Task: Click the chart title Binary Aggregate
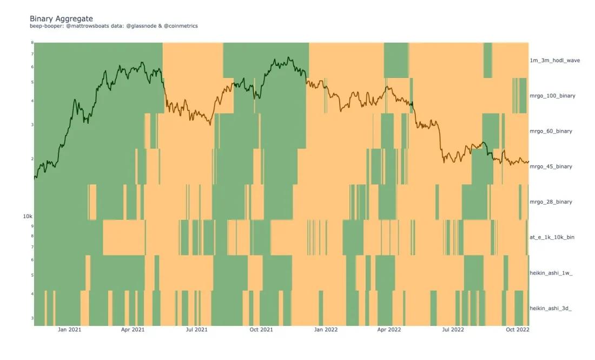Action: pos(61,19)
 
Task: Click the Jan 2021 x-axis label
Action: pos(69,329)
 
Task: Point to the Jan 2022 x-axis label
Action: pos(326,329)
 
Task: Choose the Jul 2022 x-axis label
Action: pos(453,329)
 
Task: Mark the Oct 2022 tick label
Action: pos(518,329)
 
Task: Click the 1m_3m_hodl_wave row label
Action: pos(554,61)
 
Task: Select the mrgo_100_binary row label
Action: pos(552,96)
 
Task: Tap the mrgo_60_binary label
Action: pos(551,132)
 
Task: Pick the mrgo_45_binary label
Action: pos(551,167)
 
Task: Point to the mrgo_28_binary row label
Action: pos(551,202)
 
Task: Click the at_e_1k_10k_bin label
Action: pos(552,238)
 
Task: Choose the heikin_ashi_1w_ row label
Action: pos(551,273)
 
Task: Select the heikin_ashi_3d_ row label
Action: pos(551,308)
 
